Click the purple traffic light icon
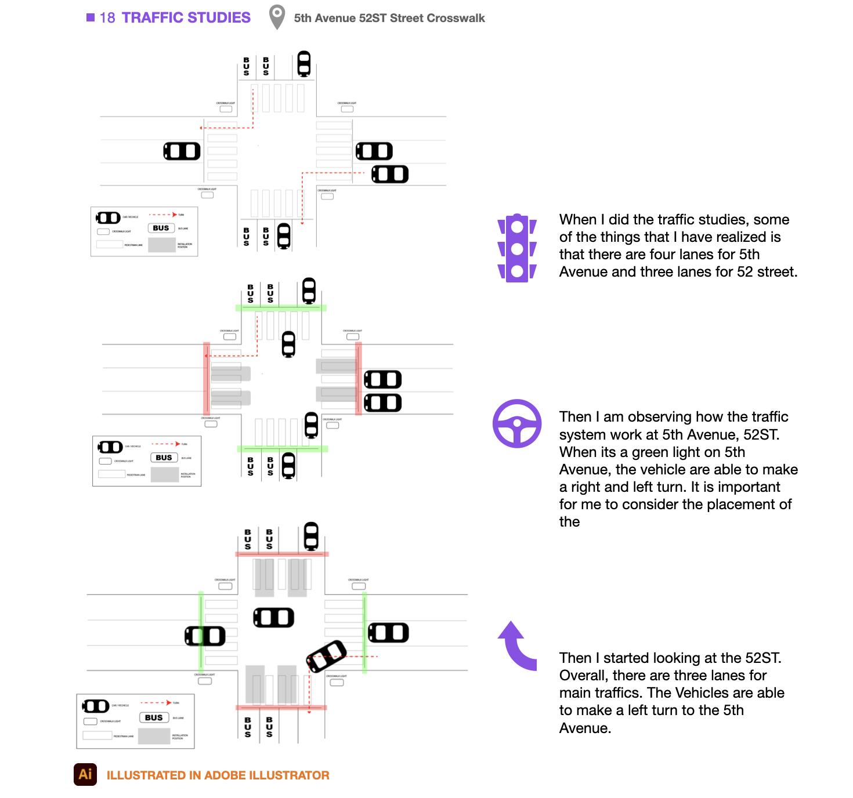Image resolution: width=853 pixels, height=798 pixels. click(516, 248)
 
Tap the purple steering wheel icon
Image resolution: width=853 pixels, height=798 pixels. click(517, 423)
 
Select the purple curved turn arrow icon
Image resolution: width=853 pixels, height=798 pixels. click(518, 645)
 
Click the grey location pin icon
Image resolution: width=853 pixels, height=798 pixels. click(277, 17)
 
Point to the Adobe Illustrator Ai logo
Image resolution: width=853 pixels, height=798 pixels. click(85, 774)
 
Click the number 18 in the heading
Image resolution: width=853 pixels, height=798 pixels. click(107, 18)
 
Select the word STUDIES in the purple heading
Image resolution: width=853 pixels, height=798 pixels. click(219, 18)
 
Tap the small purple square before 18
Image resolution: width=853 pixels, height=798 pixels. click(91, 17)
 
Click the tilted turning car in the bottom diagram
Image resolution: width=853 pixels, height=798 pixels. click(326, 656)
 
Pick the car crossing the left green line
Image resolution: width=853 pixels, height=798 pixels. click(205, 636)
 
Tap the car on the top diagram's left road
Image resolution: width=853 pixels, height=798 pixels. click(182, 151)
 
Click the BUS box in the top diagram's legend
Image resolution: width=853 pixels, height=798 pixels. click(161, 228)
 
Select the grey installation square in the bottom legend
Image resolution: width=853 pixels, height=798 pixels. click(154, 737)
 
